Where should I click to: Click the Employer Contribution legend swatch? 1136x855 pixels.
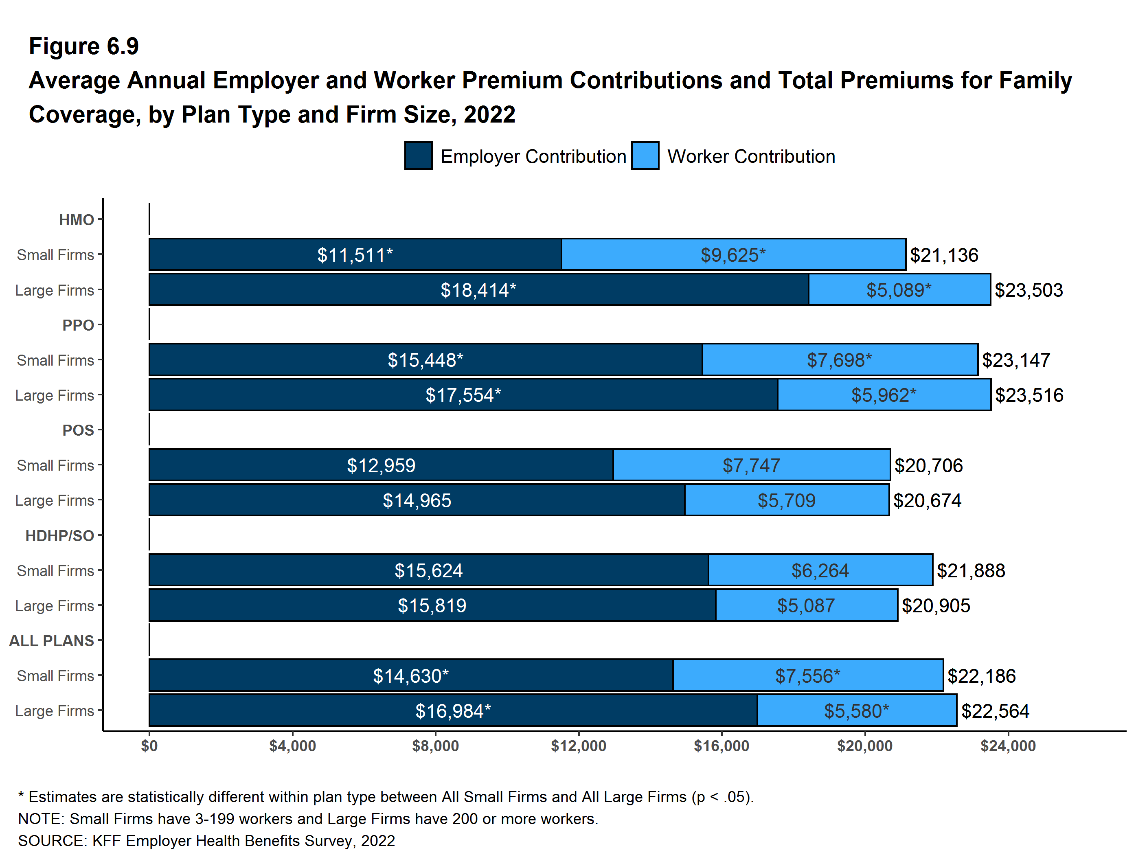418,156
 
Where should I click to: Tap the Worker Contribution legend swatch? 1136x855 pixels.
645,156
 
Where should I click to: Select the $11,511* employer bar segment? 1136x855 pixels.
355,255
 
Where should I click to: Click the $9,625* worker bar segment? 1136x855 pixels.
733,255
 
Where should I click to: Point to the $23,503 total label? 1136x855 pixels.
1028,290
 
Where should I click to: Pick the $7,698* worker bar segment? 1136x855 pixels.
839,360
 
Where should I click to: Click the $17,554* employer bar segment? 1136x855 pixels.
463,395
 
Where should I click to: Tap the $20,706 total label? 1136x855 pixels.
928,465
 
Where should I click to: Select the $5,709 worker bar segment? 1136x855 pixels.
786,500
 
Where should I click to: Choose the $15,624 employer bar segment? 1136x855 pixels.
428,570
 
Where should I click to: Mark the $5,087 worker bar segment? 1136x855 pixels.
806,605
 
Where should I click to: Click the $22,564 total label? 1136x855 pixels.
995,711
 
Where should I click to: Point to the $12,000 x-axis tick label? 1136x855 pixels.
578,745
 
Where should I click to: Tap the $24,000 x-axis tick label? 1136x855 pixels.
1008,745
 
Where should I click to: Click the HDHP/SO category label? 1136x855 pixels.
59,535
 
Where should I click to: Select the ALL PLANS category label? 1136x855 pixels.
51,640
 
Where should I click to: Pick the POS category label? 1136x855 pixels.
78,430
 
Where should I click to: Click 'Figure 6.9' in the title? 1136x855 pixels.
84,46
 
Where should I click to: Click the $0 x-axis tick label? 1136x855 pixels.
149,745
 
